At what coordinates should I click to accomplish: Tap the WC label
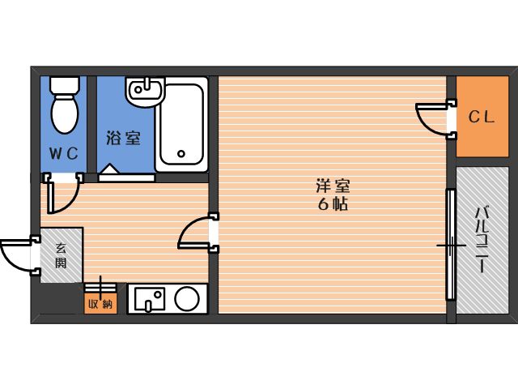pos(64,153)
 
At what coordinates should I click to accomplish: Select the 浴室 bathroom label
pos(124,138)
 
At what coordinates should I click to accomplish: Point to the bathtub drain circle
pos(181,153)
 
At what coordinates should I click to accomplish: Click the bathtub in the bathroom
pos(181,124)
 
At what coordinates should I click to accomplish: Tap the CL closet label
pos(482,117)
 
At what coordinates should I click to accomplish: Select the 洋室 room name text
pos(333,186)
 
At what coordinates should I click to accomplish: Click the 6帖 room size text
pos(333,205)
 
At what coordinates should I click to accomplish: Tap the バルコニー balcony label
pos(482,240)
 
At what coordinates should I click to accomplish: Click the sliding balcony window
pos(451,245)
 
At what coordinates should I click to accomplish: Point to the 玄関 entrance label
pos(62,255)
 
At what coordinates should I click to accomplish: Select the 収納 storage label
pos(100,304)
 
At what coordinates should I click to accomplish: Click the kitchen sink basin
pos(150,299)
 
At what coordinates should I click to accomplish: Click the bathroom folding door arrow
pos(110,169)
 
